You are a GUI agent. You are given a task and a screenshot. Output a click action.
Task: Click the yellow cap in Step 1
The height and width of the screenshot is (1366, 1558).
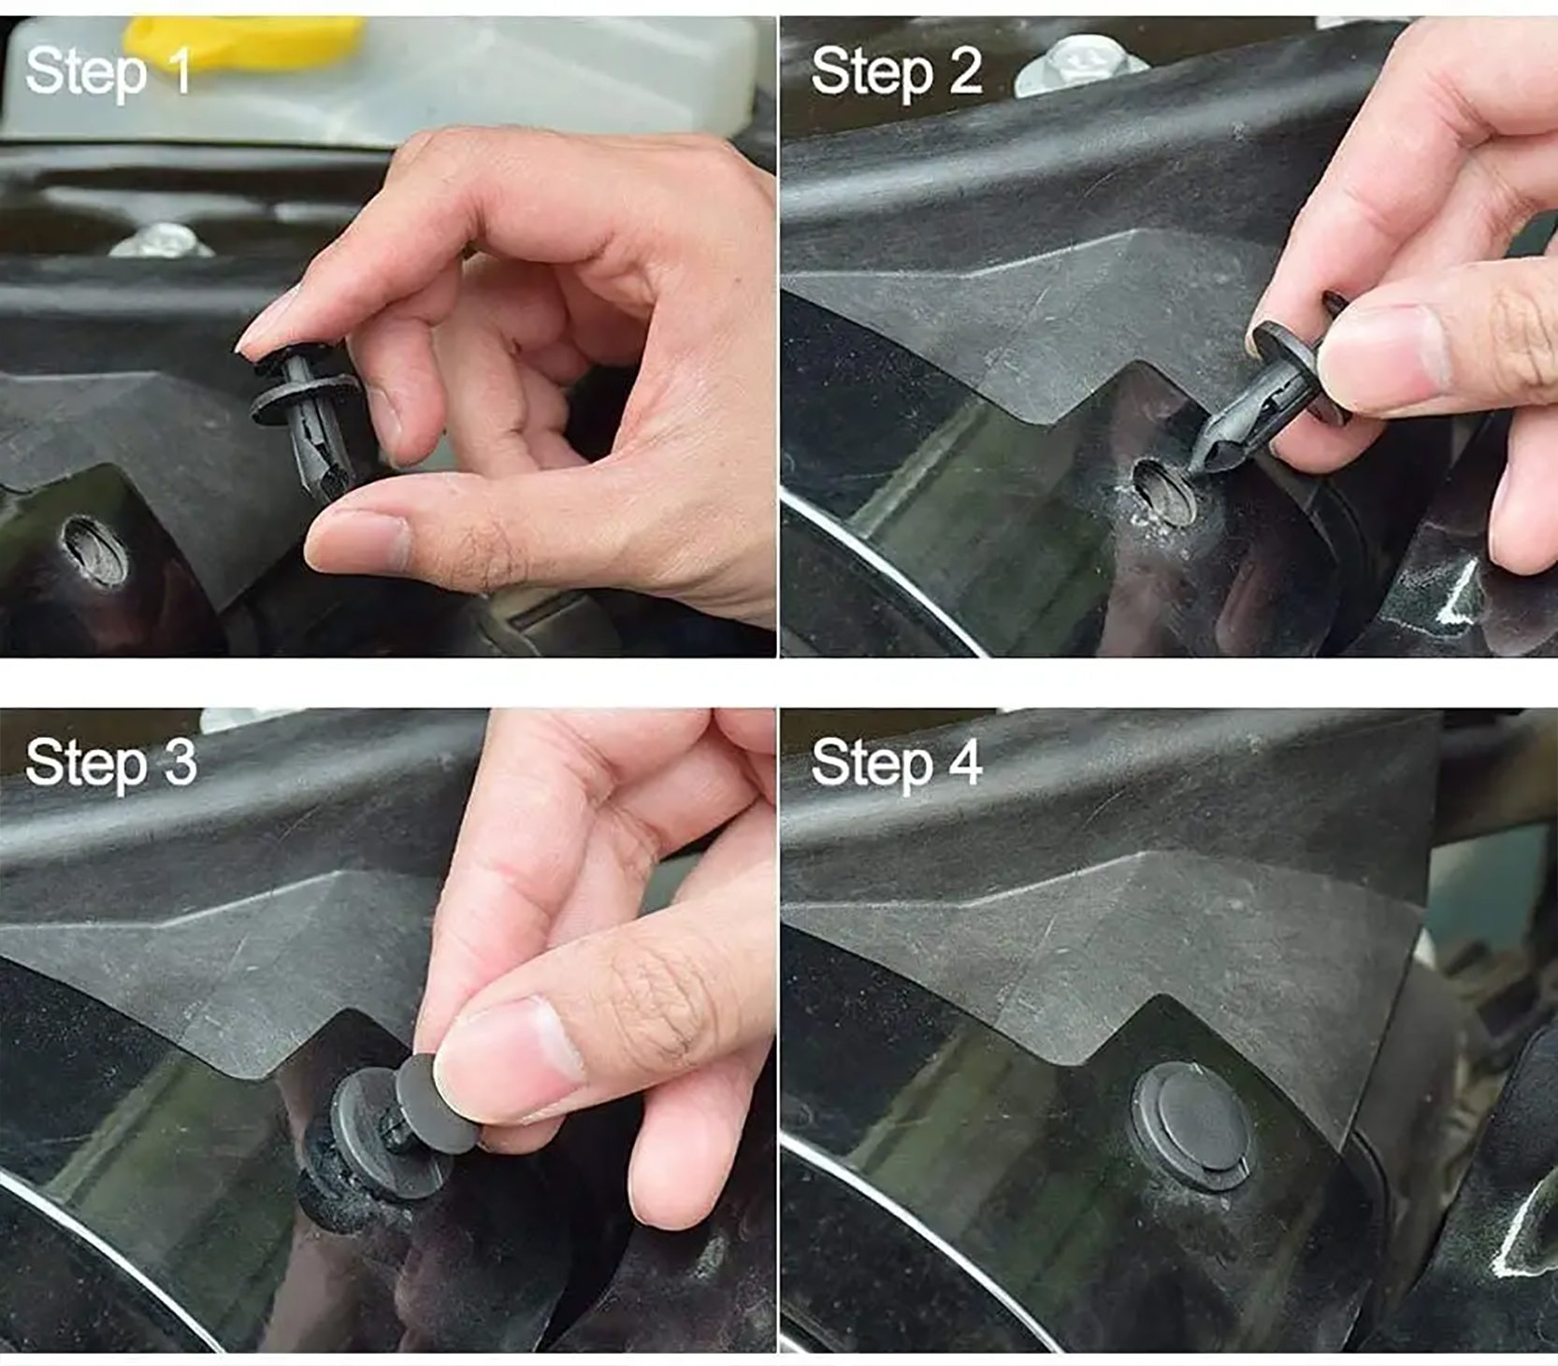click(244, 40)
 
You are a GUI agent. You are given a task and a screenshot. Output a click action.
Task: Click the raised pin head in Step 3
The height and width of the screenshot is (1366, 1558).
click(434, 1104)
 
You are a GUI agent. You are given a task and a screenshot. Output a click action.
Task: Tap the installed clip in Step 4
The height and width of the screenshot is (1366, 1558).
click(1193, 1126)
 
